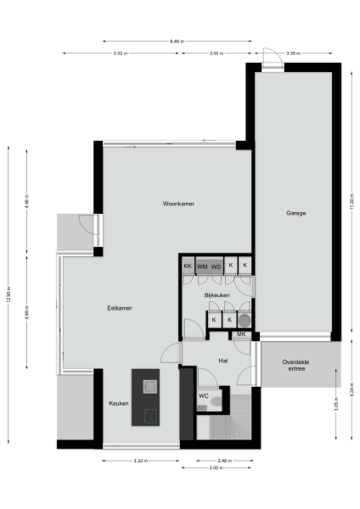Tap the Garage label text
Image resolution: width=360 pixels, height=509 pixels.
[295, 213]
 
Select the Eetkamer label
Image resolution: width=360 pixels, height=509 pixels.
[119, 308]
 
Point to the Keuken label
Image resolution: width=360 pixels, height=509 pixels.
[119, 403]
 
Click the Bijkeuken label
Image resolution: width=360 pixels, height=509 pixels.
[217, 294]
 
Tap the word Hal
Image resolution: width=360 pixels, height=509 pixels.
[223, 361]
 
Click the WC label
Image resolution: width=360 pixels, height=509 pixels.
[204, 396]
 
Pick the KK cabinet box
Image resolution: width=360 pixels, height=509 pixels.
[188, 266]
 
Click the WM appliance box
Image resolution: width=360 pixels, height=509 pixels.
[203, 266]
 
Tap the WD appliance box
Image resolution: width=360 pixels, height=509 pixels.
[217, 266]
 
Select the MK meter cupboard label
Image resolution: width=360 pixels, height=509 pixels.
[241, 334]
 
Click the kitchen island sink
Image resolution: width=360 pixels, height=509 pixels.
[150, 387]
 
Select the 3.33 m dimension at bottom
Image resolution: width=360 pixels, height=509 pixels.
[141, 461]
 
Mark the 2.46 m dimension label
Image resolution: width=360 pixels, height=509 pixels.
[224, 461]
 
